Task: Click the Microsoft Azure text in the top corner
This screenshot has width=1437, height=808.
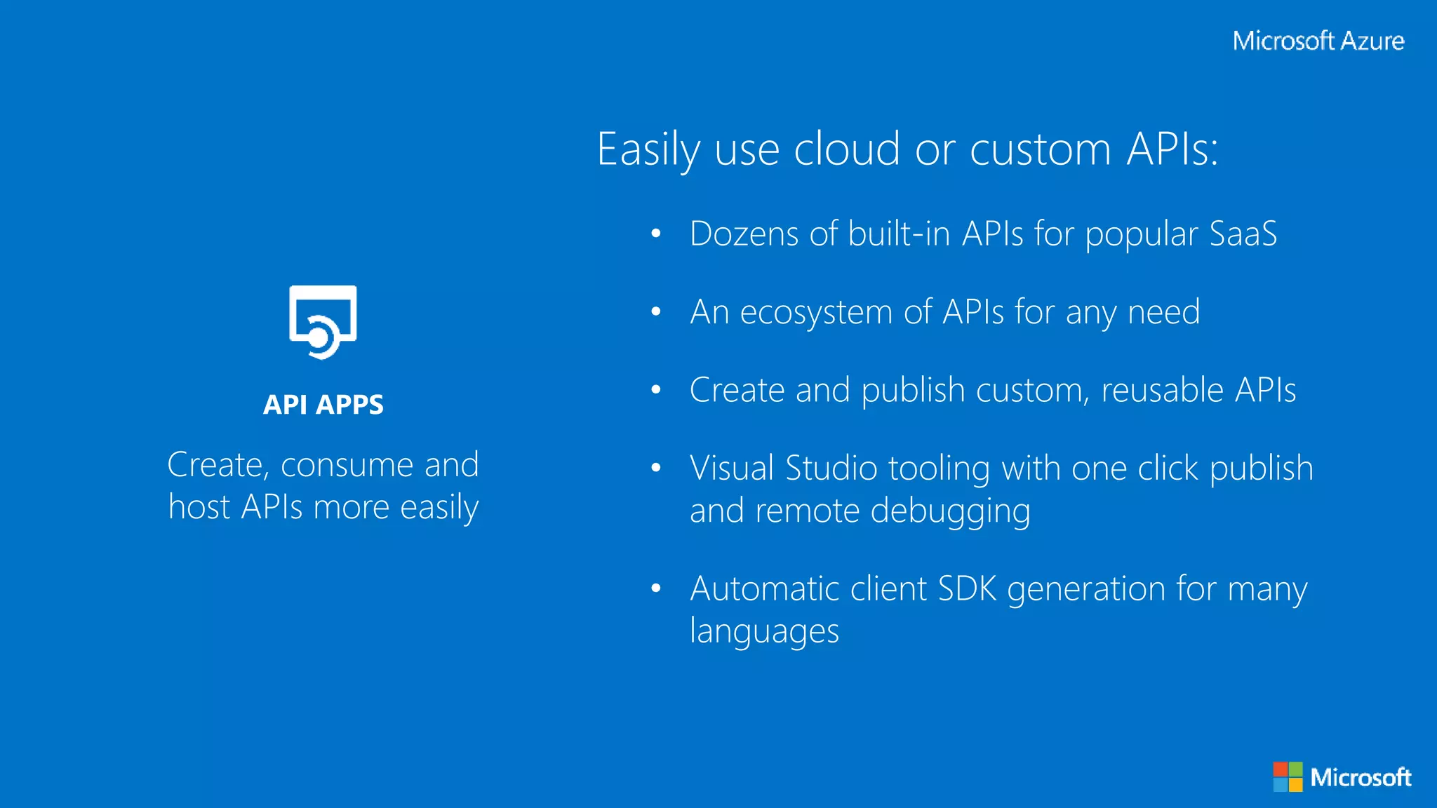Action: click(x=1318, y=41)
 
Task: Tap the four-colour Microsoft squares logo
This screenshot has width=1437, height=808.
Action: click(x=1288, y=776)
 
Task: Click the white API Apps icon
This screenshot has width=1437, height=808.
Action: click(x=323, y=322)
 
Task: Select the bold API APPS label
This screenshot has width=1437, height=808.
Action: click(x=323, y=405)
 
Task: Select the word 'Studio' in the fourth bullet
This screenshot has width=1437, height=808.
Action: click(x=831, y=469)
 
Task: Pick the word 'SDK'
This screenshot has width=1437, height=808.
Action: click(x=966, y=588)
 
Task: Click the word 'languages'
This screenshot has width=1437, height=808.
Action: click(x=764, y=631)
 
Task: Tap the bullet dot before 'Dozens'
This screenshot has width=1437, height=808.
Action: click(x=656, y=234)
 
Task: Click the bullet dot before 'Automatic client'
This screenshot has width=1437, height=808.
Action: click(x=656, y=588)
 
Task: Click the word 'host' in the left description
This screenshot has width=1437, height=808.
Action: click(x=199, y=507)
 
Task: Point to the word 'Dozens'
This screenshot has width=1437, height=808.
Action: click(x=744, y=234)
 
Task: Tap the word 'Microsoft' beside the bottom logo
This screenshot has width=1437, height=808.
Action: click(x=1360, y=777)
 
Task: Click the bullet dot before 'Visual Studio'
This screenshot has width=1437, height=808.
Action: click(x=656, y=468)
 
